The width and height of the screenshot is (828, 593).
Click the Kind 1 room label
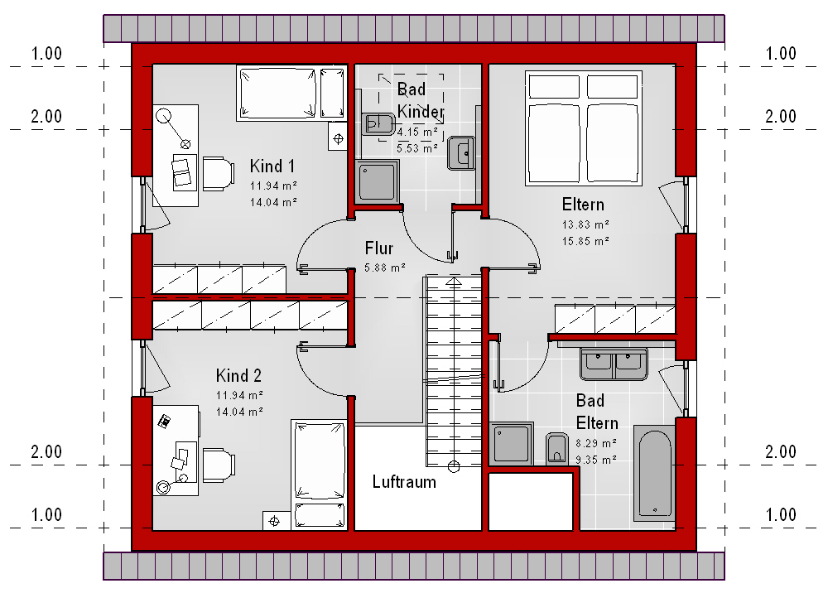pos(272,166)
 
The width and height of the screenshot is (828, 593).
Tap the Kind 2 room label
pos(238,375)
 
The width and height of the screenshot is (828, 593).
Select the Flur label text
pos(379,248)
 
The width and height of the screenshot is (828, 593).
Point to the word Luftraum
pos(404,481)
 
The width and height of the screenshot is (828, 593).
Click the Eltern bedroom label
pos(583,205)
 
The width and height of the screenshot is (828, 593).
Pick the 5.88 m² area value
pos(385,268)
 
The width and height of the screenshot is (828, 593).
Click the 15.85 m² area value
pos(585,241)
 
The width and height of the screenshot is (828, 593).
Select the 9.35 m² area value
pos(596,460)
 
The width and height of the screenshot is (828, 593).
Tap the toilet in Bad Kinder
pos(378,124)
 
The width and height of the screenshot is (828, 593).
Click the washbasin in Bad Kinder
pos(461,153)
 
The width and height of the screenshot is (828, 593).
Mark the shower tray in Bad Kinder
pos(377,181)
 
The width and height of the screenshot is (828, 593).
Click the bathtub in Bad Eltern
pos(654,473)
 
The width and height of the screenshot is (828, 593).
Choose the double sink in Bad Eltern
pos(614,364)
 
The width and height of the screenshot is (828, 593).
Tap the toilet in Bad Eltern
pos(556,449)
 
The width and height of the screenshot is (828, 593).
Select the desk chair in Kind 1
pos(219,173)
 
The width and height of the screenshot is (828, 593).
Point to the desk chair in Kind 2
pos(219,465)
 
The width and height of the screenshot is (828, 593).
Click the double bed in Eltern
pos(584,128)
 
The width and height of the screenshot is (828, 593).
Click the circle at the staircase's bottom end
pos(454,467)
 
